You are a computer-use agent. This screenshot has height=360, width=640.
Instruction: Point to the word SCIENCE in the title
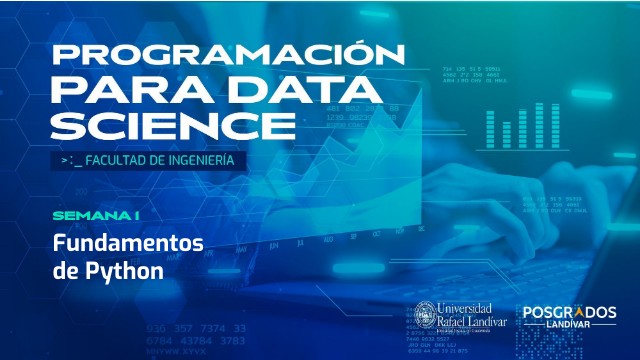166,126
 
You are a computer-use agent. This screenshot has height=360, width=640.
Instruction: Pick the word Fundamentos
128,244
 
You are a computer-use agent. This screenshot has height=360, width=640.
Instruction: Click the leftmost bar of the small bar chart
491,129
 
